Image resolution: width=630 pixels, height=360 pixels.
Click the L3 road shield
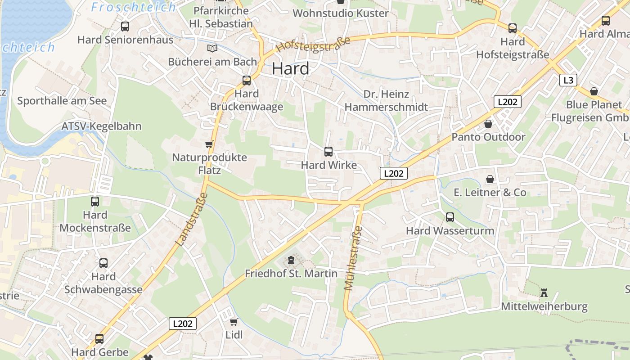[568, 80]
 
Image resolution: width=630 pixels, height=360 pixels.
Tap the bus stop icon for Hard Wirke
[328, 152]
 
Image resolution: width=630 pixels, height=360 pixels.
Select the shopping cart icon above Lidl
[234, 322]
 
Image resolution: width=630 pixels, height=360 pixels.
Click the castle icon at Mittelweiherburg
[544, 293]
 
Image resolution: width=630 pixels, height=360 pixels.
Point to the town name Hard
[291, 69]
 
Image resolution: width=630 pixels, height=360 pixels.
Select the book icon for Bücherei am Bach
[212, 48]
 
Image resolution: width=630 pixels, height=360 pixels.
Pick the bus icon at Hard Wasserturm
[450, 217]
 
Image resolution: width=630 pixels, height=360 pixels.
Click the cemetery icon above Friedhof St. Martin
[291, 260]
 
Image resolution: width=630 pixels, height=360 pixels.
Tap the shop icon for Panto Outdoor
[488, 124]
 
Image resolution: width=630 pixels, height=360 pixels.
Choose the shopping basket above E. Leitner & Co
[490, 180]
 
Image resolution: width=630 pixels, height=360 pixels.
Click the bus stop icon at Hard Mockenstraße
[95, 202]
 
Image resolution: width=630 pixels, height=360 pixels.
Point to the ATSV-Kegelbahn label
[101, 126]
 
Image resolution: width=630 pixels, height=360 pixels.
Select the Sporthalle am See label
[62, 101]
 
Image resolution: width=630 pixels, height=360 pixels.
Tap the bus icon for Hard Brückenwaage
[247, 81]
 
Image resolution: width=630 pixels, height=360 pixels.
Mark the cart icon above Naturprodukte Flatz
[209, 144]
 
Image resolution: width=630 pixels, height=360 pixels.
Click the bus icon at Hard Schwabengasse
[103, 263]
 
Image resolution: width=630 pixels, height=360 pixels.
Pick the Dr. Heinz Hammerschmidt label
[386, 100]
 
